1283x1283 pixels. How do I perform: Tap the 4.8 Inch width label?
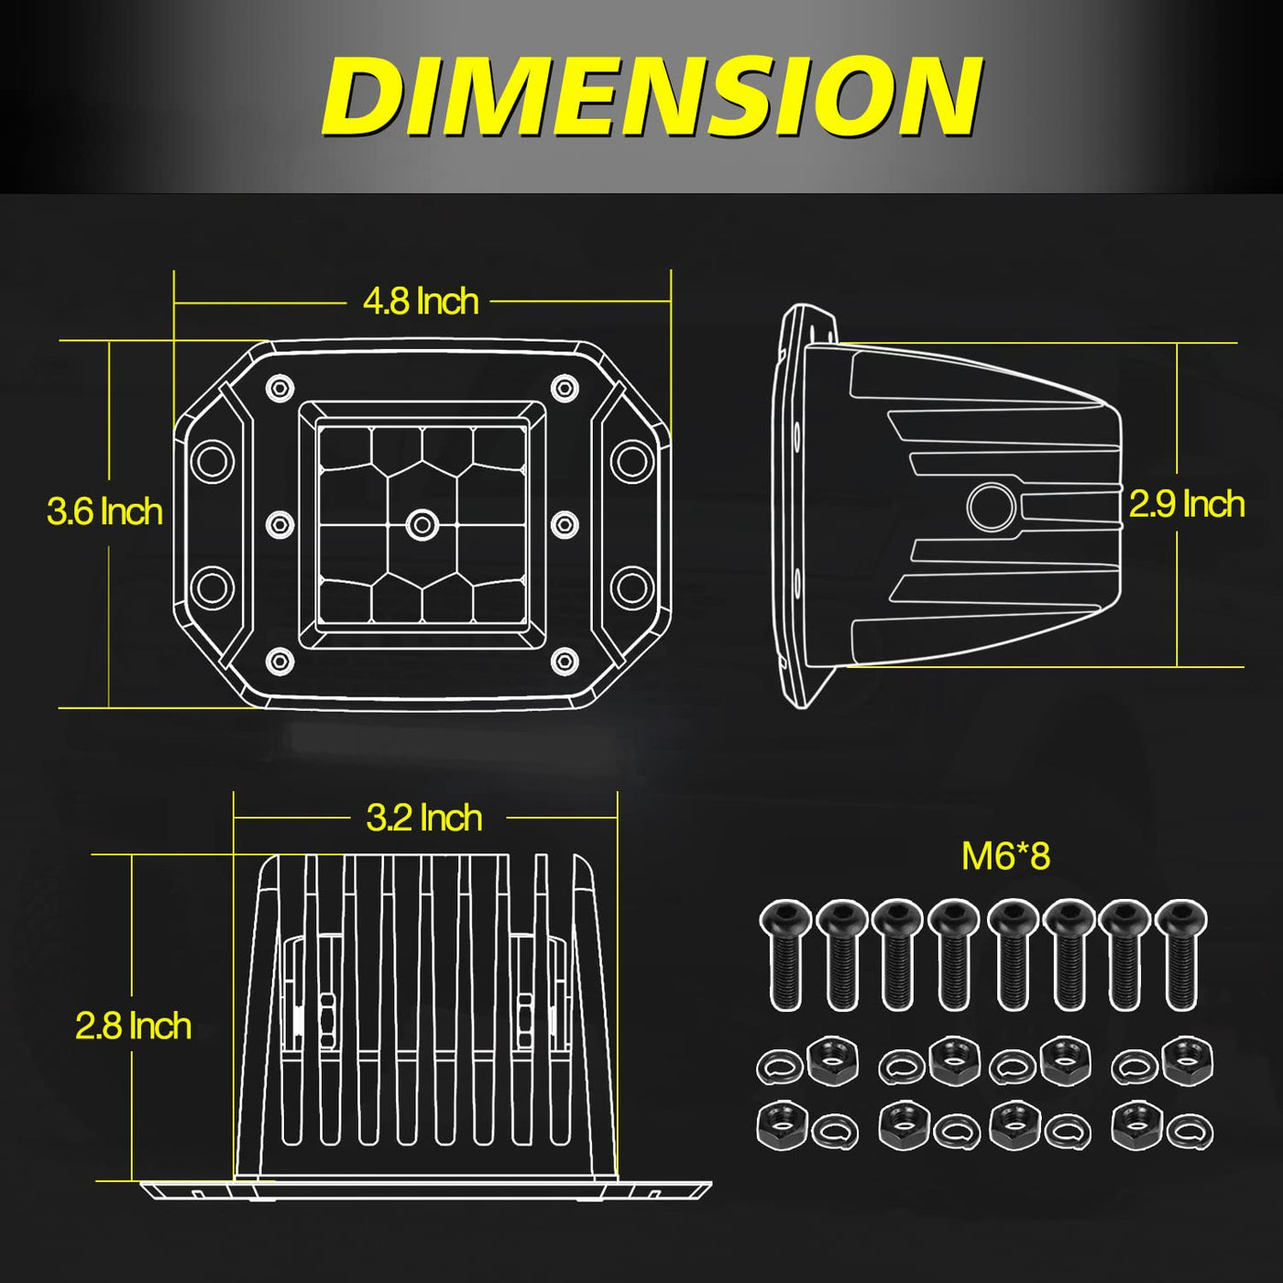tap(421, 302)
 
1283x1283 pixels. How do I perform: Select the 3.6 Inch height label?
tap(105, 511)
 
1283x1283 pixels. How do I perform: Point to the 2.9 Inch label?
tap(1187, 504)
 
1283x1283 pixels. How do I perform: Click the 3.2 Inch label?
tap(424, 817)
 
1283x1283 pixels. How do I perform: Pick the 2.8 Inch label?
tap(133, 1026)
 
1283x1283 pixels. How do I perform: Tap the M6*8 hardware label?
tap(1006, 856)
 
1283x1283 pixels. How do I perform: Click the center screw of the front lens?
tap(422, 525)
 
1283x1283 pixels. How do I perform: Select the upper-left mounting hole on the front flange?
tap(213, 460)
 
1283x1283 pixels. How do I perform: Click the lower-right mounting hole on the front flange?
tap(632, 587)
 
